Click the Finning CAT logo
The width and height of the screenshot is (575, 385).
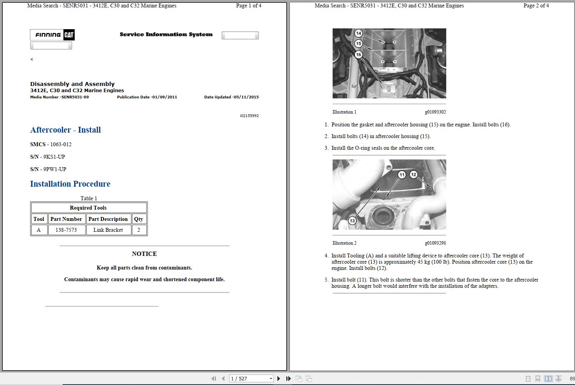(x=52, y=35)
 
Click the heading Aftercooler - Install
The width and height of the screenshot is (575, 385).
(x=65, y=130)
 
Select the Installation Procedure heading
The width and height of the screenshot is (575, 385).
(x=70, y=184)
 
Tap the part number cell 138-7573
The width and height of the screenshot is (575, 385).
(x=66, y=230)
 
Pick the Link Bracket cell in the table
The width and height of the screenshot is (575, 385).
(x=108, y=230)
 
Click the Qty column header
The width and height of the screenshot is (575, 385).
(x=138, y=219)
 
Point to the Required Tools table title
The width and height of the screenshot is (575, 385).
(x=88, y=208)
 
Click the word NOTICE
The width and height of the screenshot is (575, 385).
(x=144, y=254)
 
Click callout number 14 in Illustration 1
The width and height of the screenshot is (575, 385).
(x=358, y=33)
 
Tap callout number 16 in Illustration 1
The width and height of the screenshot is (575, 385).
(x=358, y=54)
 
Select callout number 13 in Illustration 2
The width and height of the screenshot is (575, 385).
(x=352, y=220)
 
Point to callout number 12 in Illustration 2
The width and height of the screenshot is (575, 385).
(x=414, y=175)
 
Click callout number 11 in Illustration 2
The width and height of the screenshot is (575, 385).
(x=402, y=175)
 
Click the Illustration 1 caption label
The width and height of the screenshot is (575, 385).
(x=344, y=112)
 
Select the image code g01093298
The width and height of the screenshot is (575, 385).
(x=435, y=243)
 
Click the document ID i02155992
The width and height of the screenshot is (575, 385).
(x=249, y=116)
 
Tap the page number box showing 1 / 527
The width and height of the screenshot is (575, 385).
(x=249, y=378)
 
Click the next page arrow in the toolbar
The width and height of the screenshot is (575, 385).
(x=279, y=378)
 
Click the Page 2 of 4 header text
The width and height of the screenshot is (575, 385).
(x=536, y=5)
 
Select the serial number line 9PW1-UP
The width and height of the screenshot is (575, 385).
(x=48, y=169)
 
